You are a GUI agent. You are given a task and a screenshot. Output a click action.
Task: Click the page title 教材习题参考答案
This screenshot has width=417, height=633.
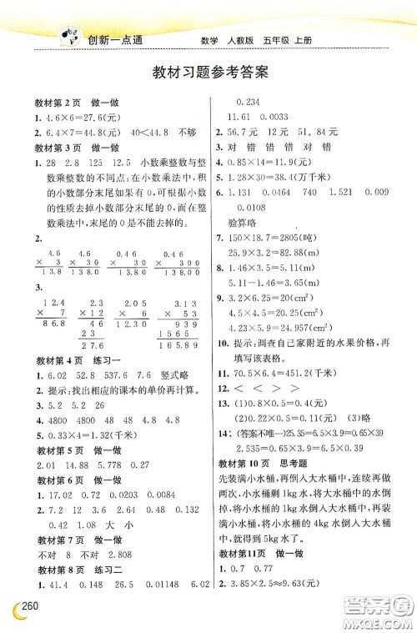(x=209, y=72)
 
